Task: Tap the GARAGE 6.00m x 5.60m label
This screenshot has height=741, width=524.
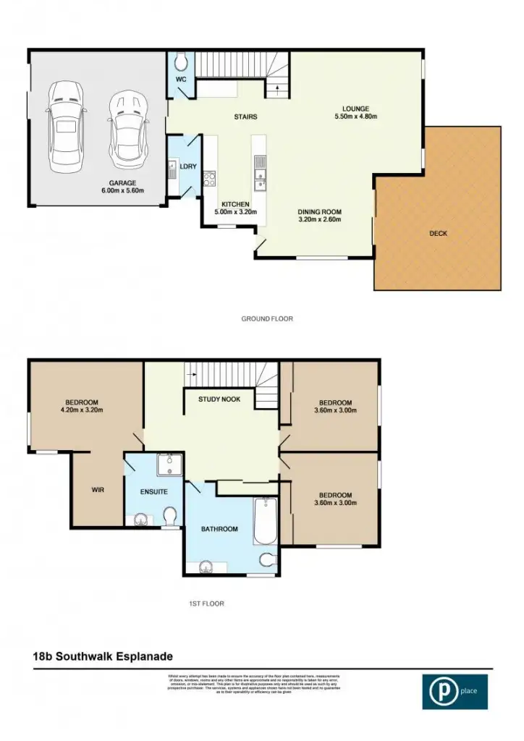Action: coord(123,187)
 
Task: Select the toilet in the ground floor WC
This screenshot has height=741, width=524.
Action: coord(180,61)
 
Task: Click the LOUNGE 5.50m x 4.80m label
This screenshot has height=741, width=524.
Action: coord(356,113)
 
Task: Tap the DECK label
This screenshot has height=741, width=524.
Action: coord(438,234)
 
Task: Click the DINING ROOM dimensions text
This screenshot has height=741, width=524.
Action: coord(319,220)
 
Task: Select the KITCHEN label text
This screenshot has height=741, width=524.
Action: coord(234,205)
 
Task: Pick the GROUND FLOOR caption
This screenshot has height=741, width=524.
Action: coord(267,318)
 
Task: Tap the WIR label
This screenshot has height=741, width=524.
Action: coord(98,490)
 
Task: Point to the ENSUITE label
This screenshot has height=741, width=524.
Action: coord(154,492)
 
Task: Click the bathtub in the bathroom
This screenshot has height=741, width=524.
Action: coord(265,520)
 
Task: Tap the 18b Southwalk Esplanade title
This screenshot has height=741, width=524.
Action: coord(103,656)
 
